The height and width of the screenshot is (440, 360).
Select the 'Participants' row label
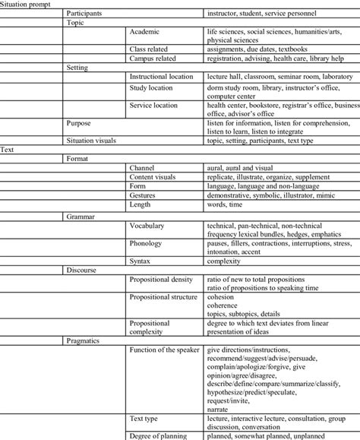[87, 14]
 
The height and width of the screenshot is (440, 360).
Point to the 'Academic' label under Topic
[145, 33]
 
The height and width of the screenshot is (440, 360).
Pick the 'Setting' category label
[78, 67]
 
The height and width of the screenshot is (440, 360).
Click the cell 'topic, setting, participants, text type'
[260, 141]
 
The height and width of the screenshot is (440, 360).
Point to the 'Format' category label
[77, 158]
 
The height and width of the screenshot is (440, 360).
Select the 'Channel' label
[142, 167]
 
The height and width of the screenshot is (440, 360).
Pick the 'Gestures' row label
[144, 195]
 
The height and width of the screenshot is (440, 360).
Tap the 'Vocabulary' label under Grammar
[147, 226]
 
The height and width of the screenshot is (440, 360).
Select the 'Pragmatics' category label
[83, 341]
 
